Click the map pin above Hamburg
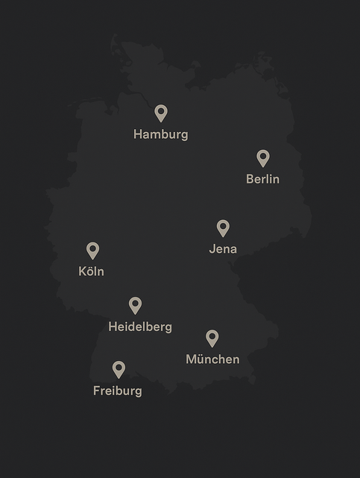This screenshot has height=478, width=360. (161, 113)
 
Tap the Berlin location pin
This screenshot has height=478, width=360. (262, 157)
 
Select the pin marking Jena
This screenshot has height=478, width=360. (223, 227)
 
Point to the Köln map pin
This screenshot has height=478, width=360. (92, 250)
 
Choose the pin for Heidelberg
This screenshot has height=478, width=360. (135, 305)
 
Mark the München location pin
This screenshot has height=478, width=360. (212, 338)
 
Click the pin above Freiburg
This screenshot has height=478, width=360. (119, 368)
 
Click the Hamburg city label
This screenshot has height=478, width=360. (160, 135)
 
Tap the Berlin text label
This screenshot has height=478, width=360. (262, 179)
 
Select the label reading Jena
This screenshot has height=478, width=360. (223, 249)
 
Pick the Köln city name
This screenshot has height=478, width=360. (91, 271)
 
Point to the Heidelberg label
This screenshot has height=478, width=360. (140, 327)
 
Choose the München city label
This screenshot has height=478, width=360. (212, 359)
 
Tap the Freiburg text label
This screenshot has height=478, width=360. (117, 391)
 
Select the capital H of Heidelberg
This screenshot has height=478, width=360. (113, 327)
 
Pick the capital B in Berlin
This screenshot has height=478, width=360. (250, 179)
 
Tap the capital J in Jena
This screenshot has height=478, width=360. (212, 249)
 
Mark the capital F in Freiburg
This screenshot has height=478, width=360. (97, 391)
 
